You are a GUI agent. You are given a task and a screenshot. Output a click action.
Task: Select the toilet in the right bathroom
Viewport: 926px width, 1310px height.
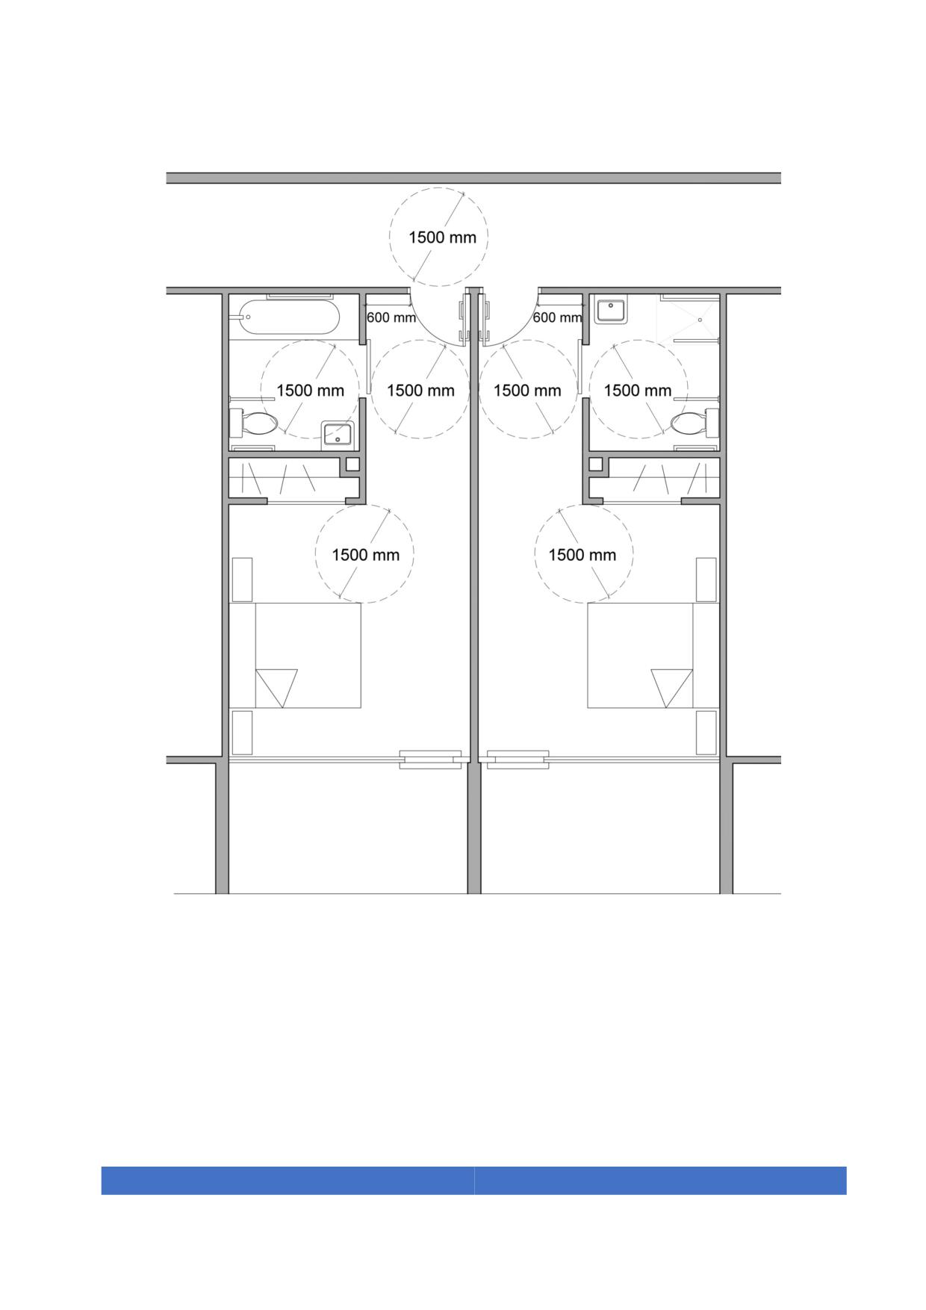point(694,423)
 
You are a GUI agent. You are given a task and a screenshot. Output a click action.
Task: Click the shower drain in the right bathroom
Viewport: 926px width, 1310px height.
point(700,320)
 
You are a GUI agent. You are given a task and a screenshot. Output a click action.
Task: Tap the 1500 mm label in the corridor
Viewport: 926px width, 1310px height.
point(442,238)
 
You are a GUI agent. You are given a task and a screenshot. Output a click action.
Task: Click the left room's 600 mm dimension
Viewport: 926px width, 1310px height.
point(391,317)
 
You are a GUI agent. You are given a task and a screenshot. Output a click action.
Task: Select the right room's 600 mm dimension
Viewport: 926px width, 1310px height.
point(557,317)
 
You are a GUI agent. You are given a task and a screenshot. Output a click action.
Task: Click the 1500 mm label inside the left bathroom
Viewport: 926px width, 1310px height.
point(310,390)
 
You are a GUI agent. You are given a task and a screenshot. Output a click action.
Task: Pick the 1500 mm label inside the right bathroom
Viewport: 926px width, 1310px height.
point(637,390)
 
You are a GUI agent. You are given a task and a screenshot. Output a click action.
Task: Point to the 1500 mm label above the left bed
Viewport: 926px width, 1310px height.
point(365,555)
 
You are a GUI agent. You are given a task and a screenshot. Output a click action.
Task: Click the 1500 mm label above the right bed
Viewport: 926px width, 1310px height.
point(582,555)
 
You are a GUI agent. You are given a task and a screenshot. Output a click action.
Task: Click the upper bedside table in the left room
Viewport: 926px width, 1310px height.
point(243,579)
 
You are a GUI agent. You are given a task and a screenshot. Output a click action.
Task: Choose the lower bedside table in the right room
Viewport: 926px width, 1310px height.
point(706,733)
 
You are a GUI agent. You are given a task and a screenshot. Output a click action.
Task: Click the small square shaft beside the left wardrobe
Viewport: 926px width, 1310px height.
point(352,464)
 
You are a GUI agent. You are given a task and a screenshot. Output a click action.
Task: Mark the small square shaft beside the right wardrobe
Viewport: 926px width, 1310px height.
point(595,464)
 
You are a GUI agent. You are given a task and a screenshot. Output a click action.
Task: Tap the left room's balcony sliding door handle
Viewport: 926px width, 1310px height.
point(429,760)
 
